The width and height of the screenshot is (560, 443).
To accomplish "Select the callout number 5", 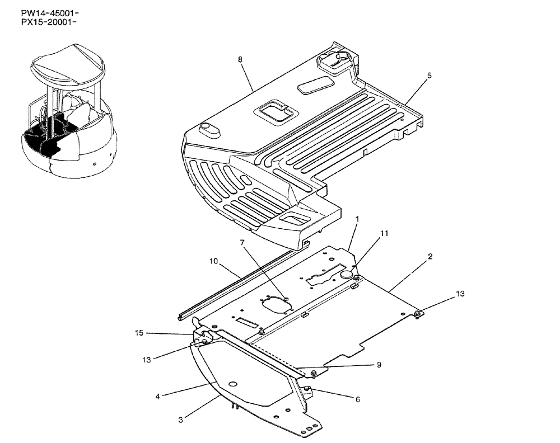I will tap(429, 75).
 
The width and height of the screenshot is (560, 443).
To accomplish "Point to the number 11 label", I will tap(384, 233).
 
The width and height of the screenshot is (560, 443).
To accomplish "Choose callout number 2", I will tap(430, 257).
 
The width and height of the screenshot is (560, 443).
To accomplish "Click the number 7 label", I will tap(242, 242).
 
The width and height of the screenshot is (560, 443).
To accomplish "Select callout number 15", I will tap(139, 333).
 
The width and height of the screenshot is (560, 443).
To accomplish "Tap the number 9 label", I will tap(379, 365).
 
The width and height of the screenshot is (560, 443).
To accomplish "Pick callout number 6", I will tap(357, 399).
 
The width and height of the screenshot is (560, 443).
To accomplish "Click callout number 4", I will tap(158, 397).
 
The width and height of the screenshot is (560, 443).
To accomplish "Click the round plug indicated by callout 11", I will tap(346, 274).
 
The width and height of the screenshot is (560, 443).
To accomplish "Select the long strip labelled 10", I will tap(235, 285).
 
